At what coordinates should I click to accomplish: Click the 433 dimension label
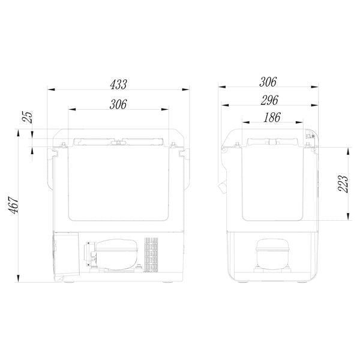pyautogui.click(x=118, y=85)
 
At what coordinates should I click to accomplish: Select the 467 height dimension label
pyautogui.click(x=14, y=205)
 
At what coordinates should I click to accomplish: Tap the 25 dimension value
pyautogui.click(x=28, y=117)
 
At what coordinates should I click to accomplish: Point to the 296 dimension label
pyautogui.click(x=269, y=100)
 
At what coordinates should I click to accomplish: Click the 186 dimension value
pyautogui.click(x=272, y=118)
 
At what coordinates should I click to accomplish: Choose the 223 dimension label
pyautogui.click(x=343, y=184)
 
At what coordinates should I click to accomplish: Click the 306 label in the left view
pyautogui.click(x=118, y=104)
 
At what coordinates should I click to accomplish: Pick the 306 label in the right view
pyautogui.click(x=268, y=82)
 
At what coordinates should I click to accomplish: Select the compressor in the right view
pyautogui.click(x=272, y=255)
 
